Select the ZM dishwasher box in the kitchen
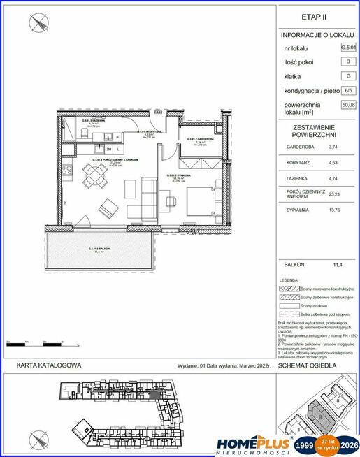pyautogui.click(x=109, y=150)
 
